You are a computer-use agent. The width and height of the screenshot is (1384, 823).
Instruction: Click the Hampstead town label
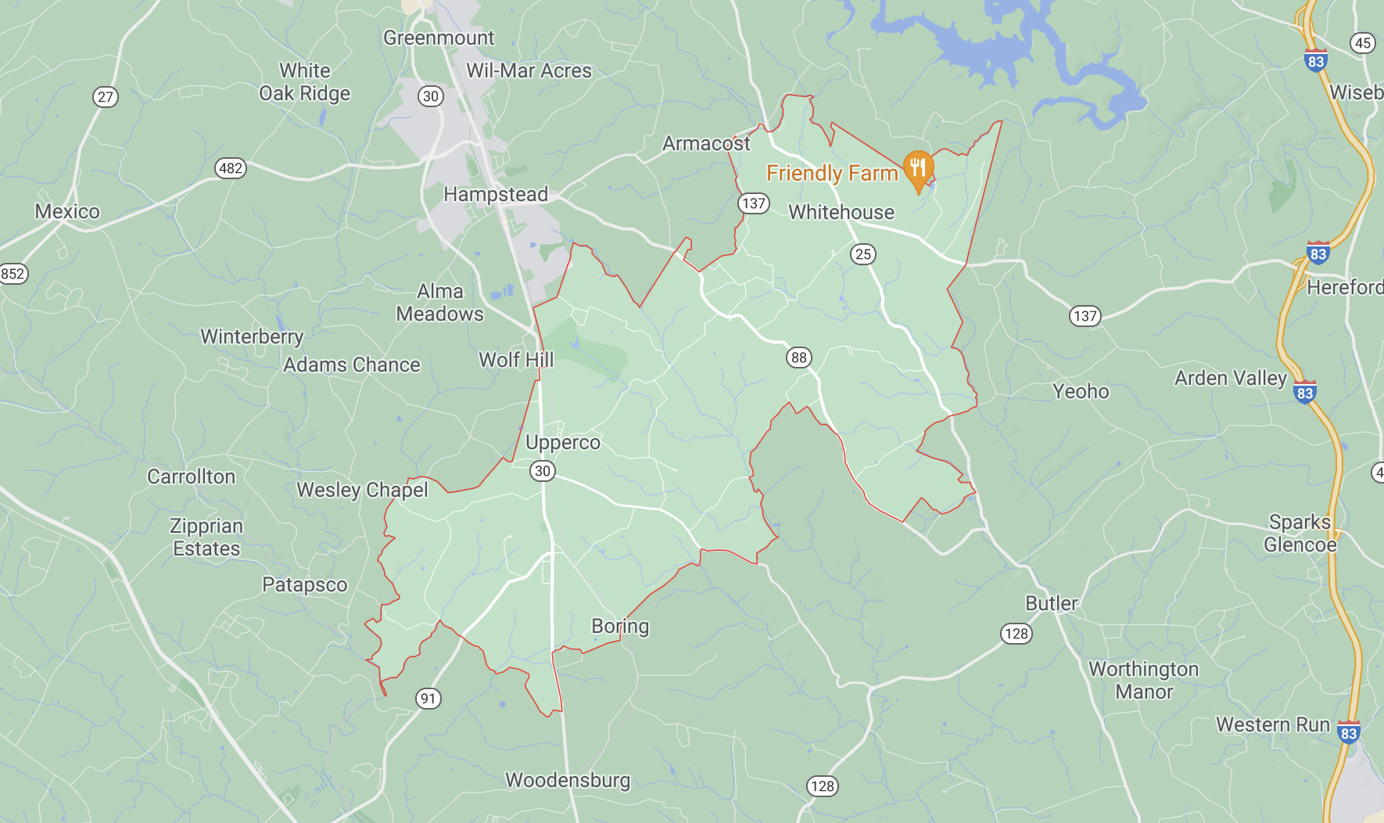496,194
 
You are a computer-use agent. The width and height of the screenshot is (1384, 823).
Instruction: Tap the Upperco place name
563,442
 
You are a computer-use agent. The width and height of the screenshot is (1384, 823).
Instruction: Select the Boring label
620,626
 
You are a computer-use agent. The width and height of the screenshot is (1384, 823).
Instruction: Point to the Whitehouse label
841,212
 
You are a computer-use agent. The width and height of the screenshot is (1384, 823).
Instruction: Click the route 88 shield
798,358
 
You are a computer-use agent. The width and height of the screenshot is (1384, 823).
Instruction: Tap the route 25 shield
863,253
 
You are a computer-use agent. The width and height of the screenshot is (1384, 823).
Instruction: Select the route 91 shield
428,699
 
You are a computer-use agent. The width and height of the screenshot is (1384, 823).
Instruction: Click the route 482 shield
231,168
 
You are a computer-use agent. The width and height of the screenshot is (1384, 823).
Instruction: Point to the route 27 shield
106,97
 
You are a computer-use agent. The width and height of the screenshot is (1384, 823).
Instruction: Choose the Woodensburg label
568,780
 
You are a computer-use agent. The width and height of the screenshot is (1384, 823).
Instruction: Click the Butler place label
1052,603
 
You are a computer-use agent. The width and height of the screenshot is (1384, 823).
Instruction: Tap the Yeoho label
1081,391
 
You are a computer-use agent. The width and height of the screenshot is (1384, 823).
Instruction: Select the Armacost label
706,143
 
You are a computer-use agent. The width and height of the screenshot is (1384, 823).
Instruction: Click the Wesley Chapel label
362,490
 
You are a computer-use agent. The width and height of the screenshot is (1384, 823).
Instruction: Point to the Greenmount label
439,38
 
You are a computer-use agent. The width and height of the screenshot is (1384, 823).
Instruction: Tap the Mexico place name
67,211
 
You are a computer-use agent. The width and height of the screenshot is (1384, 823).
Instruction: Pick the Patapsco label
304,584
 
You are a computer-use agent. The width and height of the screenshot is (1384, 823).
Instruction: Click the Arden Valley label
1231,378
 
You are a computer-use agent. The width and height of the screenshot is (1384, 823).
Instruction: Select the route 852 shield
13,274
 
